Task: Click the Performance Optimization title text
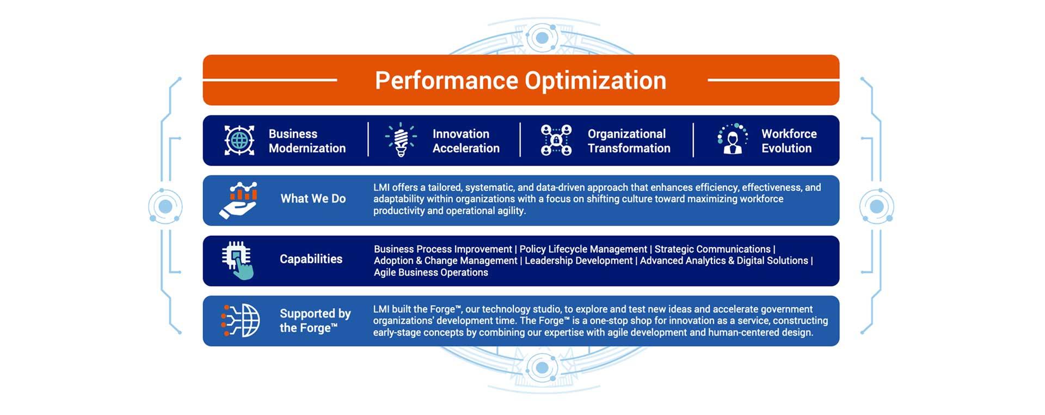(x=520, y=81)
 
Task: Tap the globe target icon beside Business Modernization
(x=239, y=141)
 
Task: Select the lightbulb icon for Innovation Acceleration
(x=401, y=140)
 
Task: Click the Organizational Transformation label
(x=629, y=141)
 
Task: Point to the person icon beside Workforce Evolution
(x=733, y=139)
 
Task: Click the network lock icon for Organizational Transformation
(x=556, y=140)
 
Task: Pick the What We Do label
(x=313, y=199)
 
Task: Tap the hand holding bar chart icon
(x=238, y=200)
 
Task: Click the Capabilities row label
(x=311, y=259)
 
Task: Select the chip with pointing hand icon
(x=238, y=261)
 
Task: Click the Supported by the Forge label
(x=315, y=321)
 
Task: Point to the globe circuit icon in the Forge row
(x=241, y=321)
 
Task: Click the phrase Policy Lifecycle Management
(x=583, y=249)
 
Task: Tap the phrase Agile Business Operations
(x=431, y=272)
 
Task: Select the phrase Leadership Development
(x=579, y=261)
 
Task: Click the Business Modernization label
(x=307, y=141)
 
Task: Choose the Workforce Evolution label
(x=789, y=141)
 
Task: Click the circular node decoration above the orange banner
(x=542, y=38)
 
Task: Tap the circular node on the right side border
(x=876, y=206)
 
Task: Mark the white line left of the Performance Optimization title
(x=270, y=80)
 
